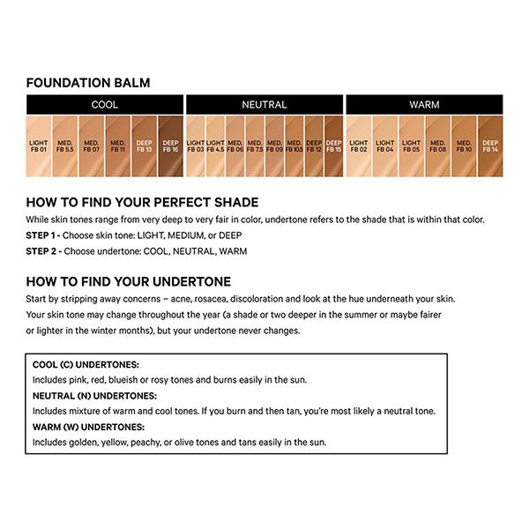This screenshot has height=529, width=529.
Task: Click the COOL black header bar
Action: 105,105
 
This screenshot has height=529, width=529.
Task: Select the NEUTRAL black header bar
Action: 264,105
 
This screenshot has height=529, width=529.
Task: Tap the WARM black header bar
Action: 424,105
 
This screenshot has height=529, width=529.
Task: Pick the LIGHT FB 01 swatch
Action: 39,145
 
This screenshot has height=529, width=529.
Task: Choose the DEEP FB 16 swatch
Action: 170,145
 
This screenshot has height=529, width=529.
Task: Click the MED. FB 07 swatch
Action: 92,145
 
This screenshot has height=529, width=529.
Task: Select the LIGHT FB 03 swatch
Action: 195,145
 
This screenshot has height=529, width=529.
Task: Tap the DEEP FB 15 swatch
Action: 334,145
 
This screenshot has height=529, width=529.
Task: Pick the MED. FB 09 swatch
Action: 274,145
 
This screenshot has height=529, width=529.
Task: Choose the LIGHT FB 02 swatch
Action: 359,145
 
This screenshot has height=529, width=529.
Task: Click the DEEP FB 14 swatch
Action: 489,145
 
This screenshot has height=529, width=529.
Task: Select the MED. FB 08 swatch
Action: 437,145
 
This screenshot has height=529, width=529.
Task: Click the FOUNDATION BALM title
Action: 88,83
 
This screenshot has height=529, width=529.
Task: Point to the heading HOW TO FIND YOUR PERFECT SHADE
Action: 142,202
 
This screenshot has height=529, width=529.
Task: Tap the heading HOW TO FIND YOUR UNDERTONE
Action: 129,281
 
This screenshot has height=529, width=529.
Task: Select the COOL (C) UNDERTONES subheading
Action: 86,364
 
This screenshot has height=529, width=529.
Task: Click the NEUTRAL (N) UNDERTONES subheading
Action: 95,396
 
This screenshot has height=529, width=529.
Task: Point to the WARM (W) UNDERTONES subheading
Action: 89,427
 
